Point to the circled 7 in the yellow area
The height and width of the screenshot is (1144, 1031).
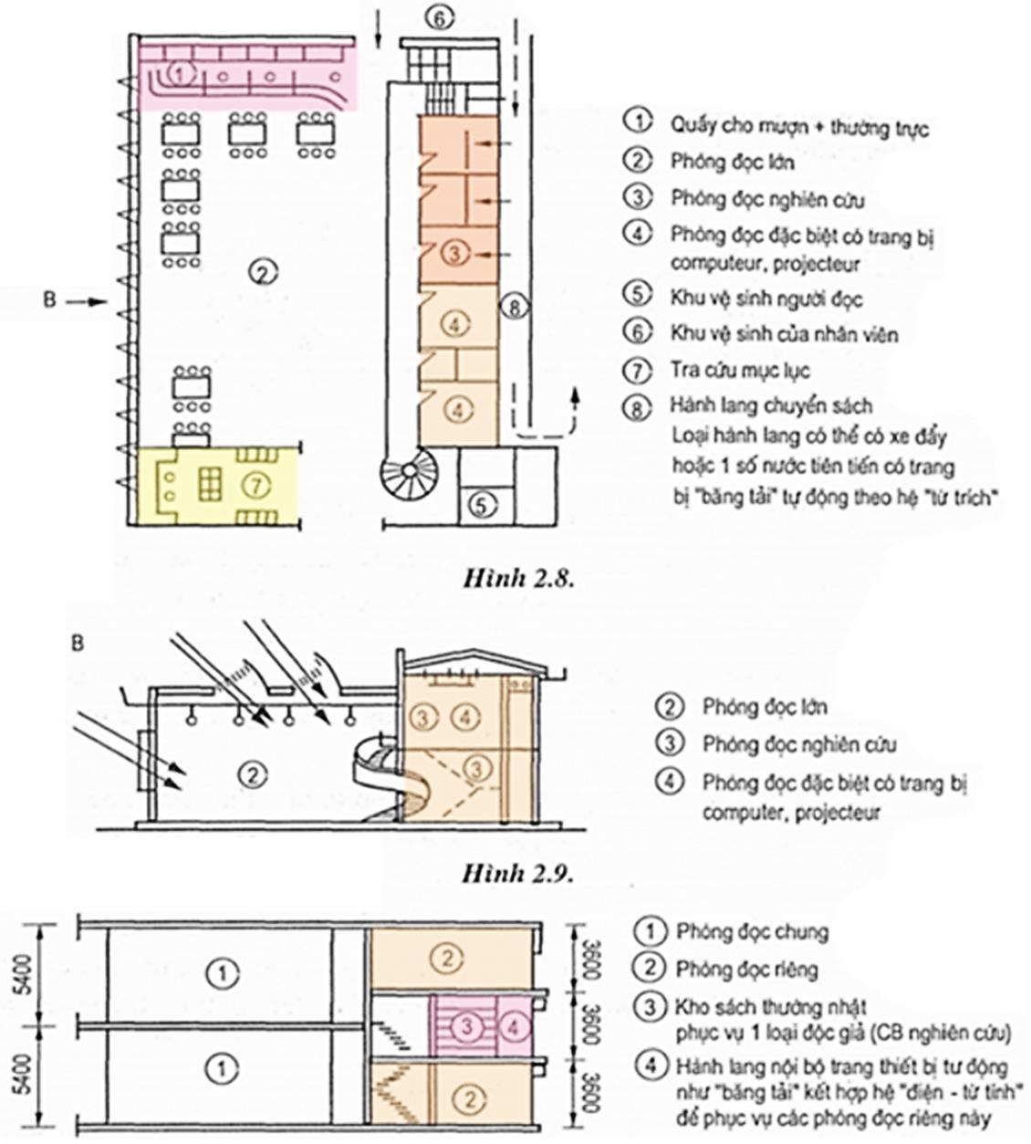(255, 485)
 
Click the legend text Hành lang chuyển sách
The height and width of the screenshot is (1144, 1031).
(770, 405)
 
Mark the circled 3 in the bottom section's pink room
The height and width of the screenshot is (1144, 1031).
(467, 1026)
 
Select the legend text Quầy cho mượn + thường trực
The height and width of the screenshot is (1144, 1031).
(799, 127)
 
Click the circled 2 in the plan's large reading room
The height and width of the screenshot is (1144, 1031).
(261, 271)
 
